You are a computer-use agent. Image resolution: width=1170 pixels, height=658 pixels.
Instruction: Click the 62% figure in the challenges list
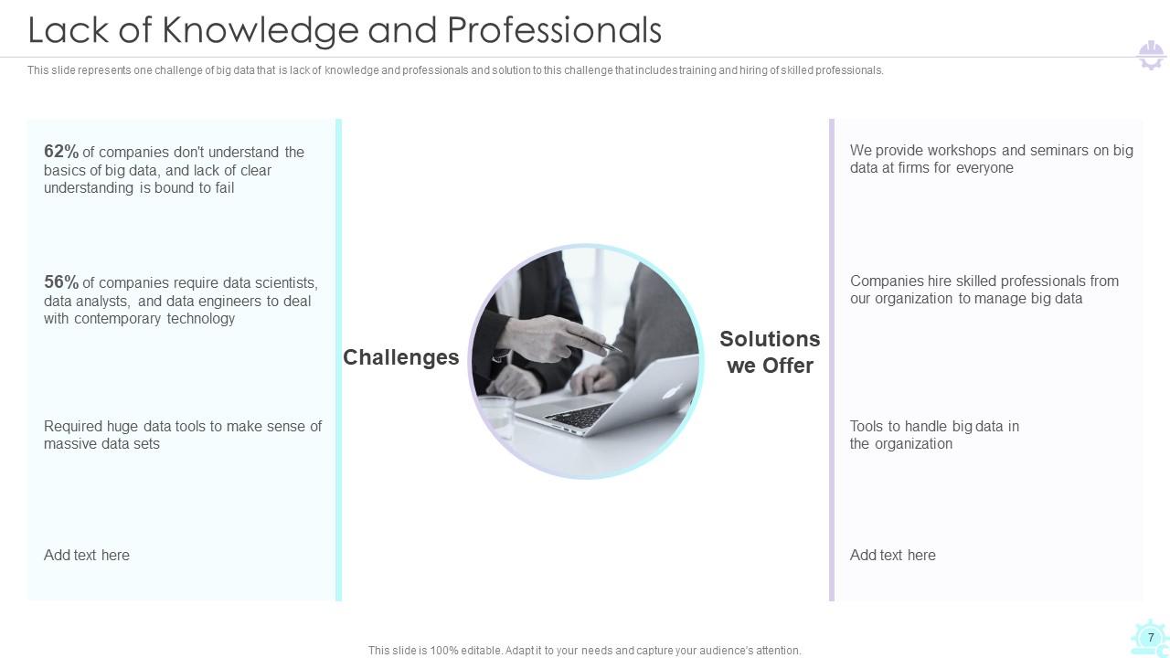[61, 152]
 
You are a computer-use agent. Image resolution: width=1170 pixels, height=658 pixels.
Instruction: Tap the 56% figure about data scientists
[61, 282]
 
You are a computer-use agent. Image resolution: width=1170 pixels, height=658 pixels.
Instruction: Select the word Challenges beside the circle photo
[400, 357]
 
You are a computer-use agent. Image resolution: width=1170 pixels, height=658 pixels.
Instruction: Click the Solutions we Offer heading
[770, 352]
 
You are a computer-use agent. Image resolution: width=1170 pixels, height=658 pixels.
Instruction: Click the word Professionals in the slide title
[554, 30]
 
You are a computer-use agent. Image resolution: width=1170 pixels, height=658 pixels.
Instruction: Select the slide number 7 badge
[1151, 638]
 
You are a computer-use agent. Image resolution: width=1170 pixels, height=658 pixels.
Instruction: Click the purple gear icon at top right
[1151, 55]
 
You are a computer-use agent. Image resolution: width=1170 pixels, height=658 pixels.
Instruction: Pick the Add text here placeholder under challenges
[87, 555]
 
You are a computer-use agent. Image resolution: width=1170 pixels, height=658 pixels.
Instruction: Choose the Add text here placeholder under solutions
[893, 555]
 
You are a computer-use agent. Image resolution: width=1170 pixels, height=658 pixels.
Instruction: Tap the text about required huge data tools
[183, 435]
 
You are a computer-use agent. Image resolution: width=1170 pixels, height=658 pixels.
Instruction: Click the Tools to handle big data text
[934, 435]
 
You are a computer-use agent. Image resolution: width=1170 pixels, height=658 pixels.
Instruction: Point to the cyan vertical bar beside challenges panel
[339, 360]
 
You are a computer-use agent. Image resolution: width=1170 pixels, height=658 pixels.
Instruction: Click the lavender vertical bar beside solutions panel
[832, 360]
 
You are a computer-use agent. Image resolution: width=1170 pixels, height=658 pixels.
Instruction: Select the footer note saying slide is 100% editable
[585, 651]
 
